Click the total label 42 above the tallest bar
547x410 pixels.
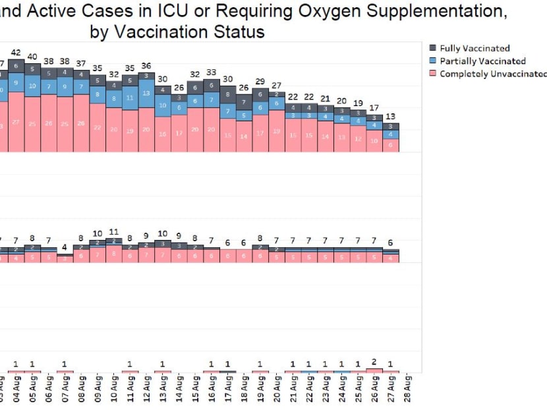click(16, 53)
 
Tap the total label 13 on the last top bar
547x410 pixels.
click(391, 116)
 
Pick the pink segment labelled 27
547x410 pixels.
click(16, 122)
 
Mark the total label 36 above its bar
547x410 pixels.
click(146, 66)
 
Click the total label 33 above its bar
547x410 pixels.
click(211, 73)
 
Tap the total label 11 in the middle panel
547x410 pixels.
click(113, 232)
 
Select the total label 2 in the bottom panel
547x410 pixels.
click(374, 362)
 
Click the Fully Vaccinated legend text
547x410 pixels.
click(475, 48)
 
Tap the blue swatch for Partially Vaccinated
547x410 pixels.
click(432, 61)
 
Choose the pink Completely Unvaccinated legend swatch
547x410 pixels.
click(432, 74)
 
